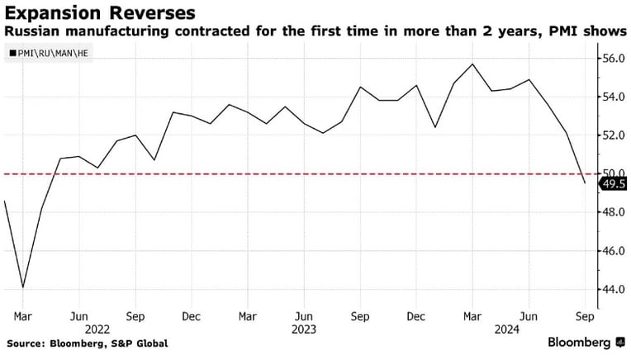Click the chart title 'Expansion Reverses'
coord(100,13)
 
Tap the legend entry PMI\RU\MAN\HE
coord(49,53)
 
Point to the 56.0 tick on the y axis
coord(614,59)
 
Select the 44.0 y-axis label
coord(614,289)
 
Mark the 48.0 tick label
coord(614,212)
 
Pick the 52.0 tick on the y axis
coord(614,135)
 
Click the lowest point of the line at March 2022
coord(23,287)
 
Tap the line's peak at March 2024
coord(472,64)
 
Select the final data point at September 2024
coord(585,183)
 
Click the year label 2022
coord(97,329)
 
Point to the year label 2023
coord(304,329)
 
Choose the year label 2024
coord(506,329)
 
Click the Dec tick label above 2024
coord(416,316)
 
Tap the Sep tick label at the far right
coord(585,317)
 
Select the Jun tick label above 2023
coord(304,316)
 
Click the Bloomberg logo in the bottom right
coord(586,343)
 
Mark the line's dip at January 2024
coord(435,127)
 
